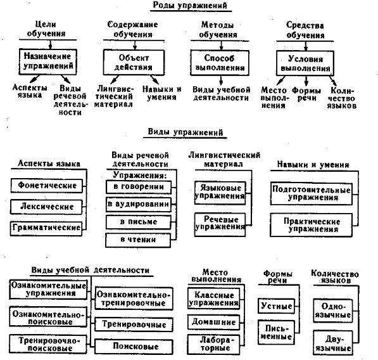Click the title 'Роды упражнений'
coord(190,6)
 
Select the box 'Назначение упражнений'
coord(47,61)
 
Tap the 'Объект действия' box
coord(134,63)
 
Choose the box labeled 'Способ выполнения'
coord(220,63)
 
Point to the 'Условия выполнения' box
coord(305,63)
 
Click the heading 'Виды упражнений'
coord(185,132)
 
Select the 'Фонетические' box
coord(46,186)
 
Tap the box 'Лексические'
coord(46,207)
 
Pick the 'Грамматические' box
coord(46,229)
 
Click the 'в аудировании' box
coord(139,205)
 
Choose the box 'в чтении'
coord(138,240)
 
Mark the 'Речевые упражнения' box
coord(220,224)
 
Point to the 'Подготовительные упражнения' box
coord(312,194)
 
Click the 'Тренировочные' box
coord(134,325)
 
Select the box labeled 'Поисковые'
coord(134,347)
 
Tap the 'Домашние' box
coord(214,322)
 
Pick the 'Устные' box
coord(276,306)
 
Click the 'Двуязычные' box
coord(333,343)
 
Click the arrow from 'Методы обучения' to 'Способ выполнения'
coord(221,46)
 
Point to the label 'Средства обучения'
coord(305,30)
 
